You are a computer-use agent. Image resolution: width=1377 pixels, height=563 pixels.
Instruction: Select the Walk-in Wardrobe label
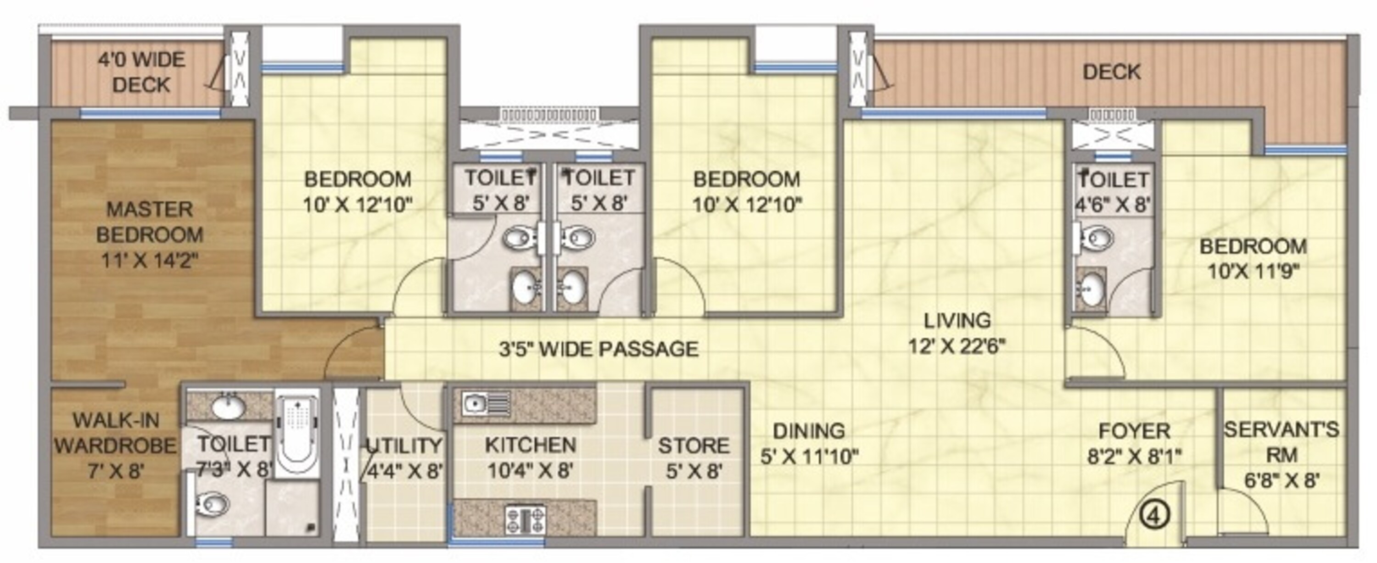[x=115, y=446]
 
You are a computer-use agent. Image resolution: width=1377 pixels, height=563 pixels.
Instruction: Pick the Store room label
[x=693, y=458]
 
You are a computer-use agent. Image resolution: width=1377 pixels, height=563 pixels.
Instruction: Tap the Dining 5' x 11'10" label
[x=809, y=443]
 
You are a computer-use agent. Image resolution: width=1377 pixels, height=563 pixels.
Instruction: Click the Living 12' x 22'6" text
[x=957, y=333]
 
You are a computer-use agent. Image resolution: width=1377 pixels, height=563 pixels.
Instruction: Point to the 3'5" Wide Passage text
[x=599, y=349]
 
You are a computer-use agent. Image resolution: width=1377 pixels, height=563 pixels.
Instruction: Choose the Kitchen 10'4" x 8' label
[x=530, y=458]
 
